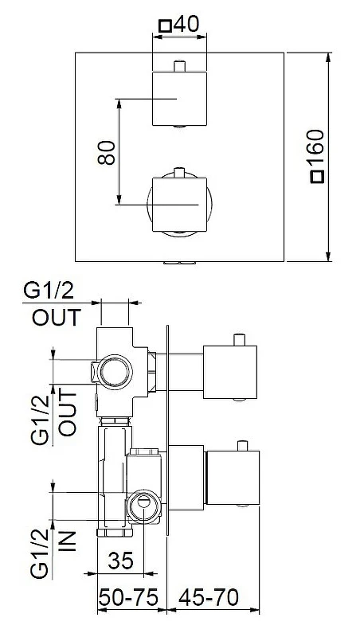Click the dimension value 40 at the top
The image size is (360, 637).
(186, 25)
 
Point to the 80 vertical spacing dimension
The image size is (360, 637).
(107, 152)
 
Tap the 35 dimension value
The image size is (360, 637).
(121, 561)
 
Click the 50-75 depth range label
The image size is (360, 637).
(128, 598)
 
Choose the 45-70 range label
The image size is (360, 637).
(209, 598)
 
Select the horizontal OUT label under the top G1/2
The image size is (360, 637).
(57, 318)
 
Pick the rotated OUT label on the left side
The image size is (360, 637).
(68, 412)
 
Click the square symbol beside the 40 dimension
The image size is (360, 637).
(165, 26)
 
